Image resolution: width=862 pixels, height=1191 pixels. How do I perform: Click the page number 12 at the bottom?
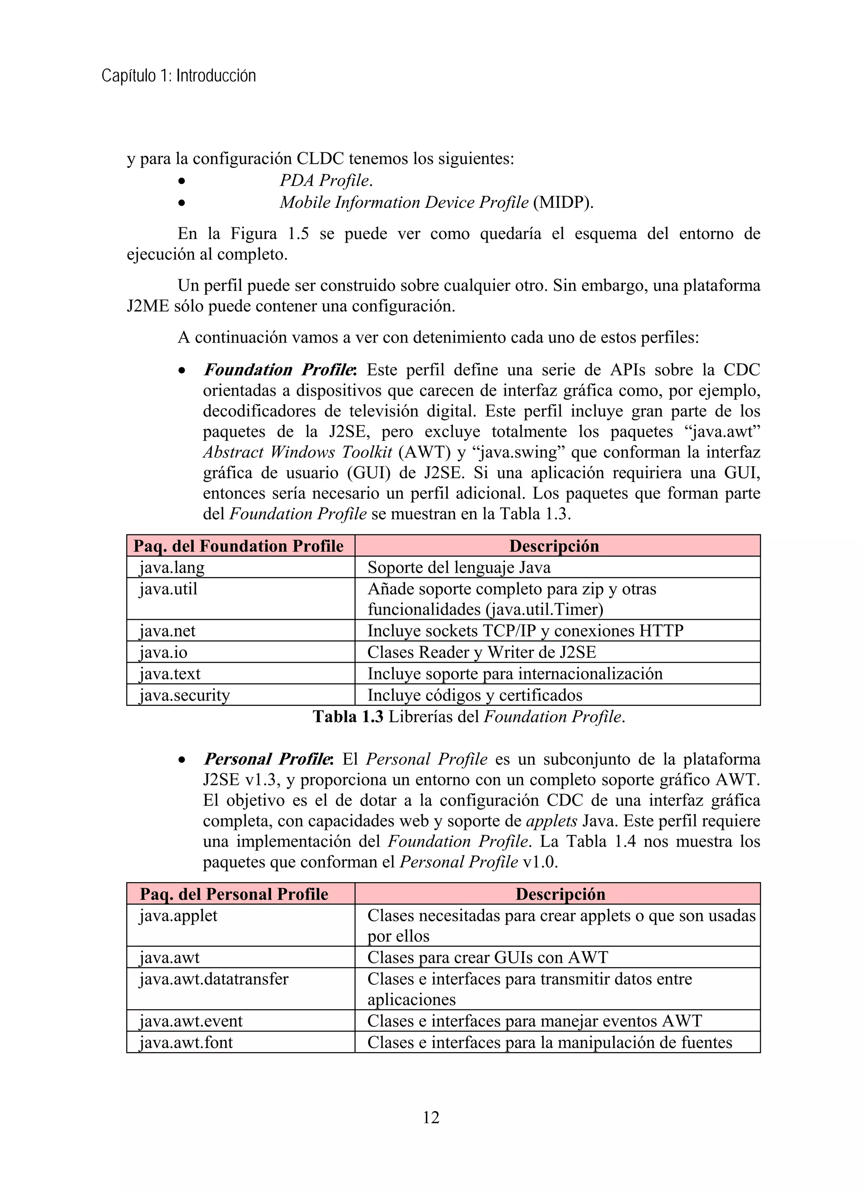pyautogui.click(x=431, y=1117)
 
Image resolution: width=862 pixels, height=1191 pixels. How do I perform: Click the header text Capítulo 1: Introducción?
pyautogui.click(x=178, y=76)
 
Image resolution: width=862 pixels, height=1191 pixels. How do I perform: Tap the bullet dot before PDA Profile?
pyautogui.click(x=181, y=181)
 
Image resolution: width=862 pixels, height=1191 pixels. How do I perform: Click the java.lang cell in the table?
pyautogui.click(x=172, y=567)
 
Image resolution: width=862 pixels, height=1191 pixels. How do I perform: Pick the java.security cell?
pyautogui.click(x=184, y=695)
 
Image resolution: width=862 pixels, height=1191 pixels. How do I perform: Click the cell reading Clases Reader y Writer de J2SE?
pyautogui.click(x=482, y=652)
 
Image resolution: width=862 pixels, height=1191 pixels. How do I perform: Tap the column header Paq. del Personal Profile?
pyautogui.click(x=234, y=894)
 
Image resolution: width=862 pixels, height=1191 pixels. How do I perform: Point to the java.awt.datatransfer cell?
pyautogui.click(x=214, y=979)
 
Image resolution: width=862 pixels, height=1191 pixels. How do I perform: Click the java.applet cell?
pyautogui.click(x=178, y=915)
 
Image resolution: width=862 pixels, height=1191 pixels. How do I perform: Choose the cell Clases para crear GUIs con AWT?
pyautogui.click(x=487, y=957)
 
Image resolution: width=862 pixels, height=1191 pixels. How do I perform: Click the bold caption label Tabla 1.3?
pyautogui.click(x=348, y=716)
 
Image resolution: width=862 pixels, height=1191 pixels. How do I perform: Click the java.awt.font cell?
pyautogui.click(x=186, y=1042)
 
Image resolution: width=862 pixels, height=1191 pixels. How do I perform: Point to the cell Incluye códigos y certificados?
pyautogui.click(x=475, y=695)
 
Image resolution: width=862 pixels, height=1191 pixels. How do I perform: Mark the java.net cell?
pyautogui.click(x=167, y=631)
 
